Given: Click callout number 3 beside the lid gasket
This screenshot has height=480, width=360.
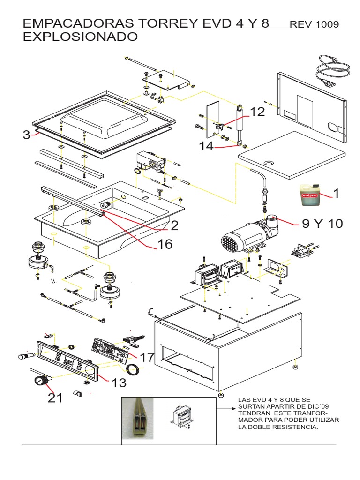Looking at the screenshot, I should click(26, 135).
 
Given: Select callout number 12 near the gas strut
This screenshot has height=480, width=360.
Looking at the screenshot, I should click(257, 112).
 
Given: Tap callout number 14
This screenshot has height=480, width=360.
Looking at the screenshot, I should click(206, 146).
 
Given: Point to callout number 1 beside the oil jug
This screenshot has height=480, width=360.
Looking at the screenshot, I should click(336, 193).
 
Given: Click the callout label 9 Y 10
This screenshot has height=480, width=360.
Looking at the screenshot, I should click(322, 224).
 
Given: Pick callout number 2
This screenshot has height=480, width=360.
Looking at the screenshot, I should click(174, 226).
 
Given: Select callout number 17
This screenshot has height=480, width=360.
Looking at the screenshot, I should click(147, 358).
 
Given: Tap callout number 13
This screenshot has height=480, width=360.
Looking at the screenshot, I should click(119, 383).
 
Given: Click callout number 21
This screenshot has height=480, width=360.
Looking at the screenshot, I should click(55, 398).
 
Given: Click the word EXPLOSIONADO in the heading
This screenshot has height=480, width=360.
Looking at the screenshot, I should click(80, 37).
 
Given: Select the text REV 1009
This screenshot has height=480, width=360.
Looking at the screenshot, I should click(315, 24).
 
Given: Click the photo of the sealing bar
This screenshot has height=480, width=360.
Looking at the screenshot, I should click(139, 420).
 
